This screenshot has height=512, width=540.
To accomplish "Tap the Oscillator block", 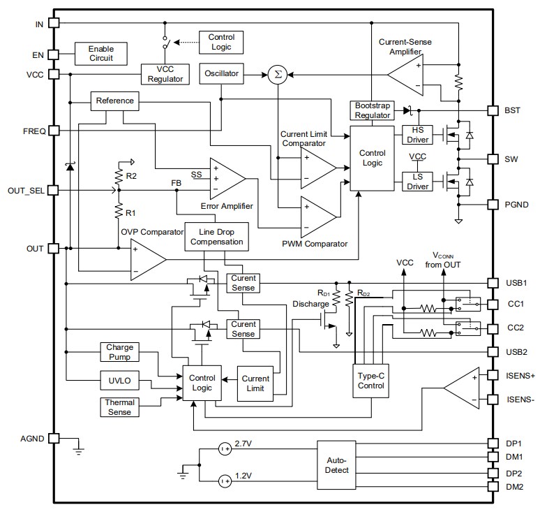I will point(221,73).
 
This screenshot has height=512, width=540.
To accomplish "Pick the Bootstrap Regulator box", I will point(371,110).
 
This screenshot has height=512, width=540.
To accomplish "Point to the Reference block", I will point(115,101).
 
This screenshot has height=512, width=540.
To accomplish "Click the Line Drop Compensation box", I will point(216,237).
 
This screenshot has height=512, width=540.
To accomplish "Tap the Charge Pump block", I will point(119,351).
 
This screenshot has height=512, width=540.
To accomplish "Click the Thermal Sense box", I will point(119,407).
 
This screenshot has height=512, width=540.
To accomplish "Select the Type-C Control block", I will point(370,380).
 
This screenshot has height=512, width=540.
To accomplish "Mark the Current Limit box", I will point(255,383).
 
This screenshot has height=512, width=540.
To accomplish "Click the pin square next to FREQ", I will point(54,131).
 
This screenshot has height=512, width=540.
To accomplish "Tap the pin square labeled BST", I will point(492,110).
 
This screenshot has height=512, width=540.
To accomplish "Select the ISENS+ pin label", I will point(518,375).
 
